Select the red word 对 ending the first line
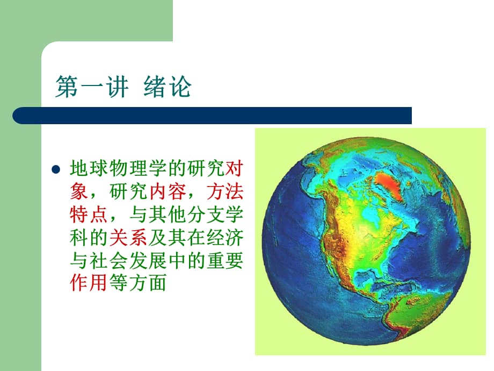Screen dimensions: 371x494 point(235,169)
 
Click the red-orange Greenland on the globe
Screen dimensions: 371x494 point(388,184)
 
